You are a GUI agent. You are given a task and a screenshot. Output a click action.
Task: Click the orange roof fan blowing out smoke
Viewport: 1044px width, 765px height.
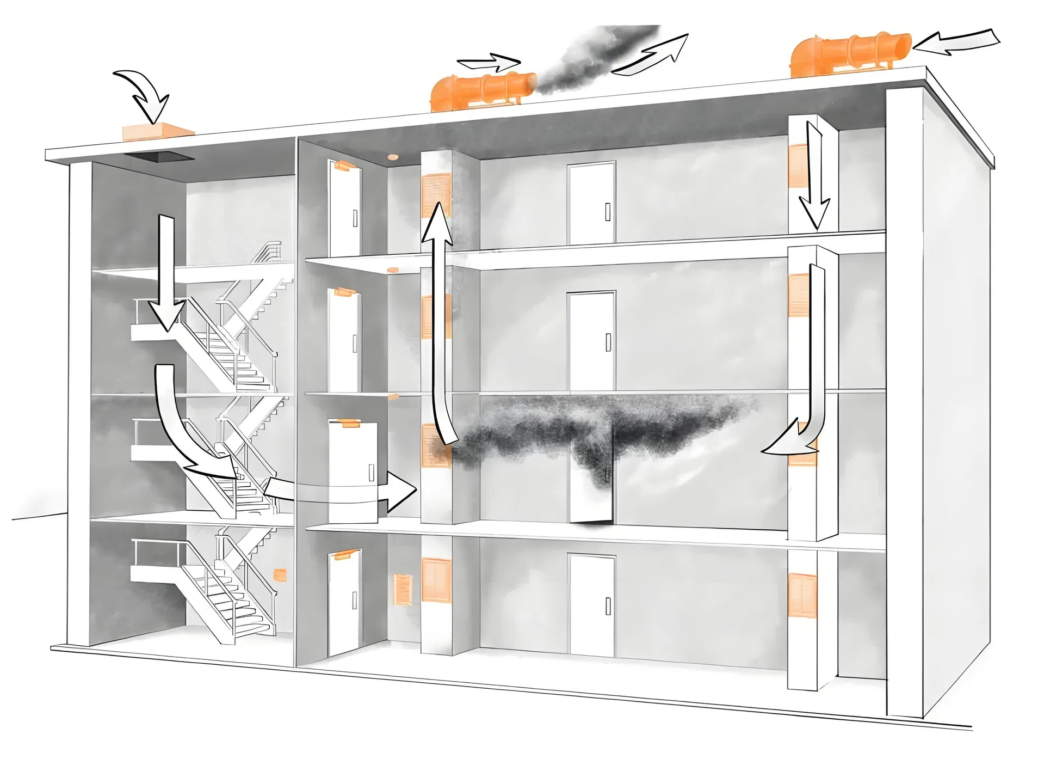481,91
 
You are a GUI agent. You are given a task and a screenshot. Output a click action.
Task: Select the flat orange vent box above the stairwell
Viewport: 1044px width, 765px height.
157,132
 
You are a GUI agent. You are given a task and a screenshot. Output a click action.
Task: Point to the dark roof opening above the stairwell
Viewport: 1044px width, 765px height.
159,157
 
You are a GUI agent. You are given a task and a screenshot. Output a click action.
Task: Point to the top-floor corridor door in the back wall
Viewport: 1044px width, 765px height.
591,203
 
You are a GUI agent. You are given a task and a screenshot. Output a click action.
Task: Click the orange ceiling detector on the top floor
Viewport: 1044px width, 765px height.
392,157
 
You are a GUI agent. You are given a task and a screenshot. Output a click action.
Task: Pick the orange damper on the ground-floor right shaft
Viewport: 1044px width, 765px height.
802,598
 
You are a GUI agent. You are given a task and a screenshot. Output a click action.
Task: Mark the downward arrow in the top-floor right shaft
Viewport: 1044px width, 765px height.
813,174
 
